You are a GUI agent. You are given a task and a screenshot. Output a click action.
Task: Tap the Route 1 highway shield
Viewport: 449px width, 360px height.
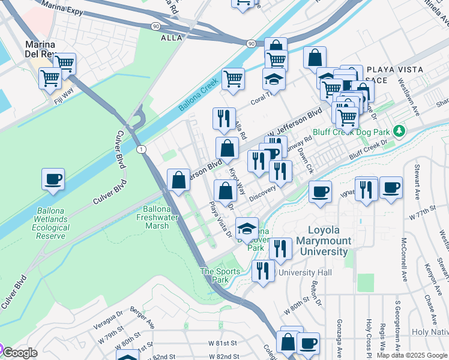point(139,149)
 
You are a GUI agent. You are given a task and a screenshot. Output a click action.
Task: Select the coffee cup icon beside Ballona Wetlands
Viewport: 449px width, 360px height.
point(53,179)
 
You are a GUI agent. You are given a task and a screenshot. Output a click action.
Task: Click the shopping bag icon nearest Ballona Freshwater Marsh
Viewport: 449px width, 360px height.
point(179,179)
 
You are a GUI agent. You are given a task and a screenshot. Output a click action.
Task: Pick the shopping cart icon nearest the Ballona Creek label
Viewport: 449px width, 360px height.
point(233,78)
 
